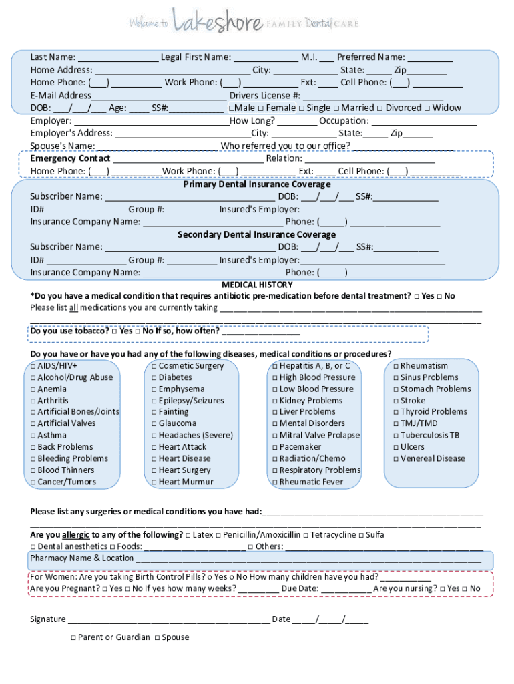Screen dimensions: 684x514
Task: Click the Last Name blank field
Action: click(x=117, y=58)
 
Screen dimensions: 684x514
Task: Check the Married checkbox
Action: click(x=336, y=108)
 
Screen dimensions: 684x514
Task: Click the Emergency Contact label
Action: click(x=70, y=159)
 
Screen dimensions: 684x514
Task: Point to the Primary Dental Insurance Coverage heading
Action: click(x=257, y=184)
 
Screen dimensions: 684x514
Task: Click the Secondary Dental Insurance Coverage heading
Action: click(x=257, y=235)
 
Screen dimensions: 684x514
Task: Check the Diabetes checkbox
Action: click(x=154, y=378)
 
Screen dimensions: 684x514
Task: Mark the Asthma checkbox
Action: click(x=33, y=436)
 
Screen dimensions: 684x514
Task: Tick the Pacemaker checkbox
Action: click(x=274, y=447)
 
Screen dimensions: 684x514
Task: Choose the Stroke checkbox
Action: click(x=395, y=401)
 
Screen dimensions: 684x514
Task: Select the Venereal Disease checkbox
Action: click(x=395, y=459)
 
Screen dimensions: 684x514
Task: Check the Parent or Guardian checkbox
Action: click(x=72, y=638)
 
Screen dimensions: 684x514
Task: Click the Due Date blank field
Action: click(x=345, y=590)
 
